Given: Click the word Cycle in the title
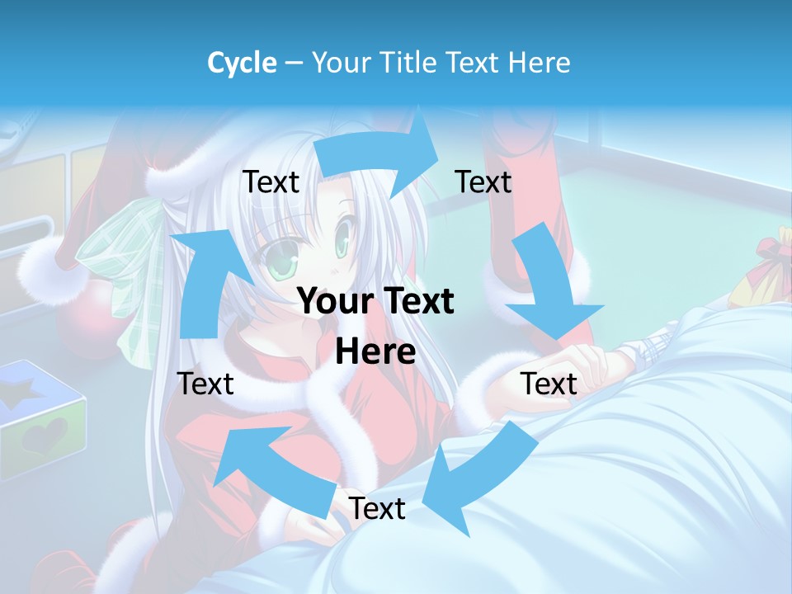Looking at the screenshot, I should tap(242, 63).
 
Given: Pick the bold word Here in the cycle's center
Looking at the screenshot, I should tap(375, 352).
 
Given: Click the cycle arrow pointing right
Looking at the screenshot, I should tap(379, 152).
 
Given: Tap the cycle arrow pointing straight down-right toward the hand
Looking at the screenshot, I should tap(549, 285).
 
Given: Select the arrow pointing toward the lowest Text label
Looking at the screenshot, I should tap(478, 474).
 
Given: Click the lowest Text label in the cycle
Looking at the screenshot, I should tap(377, 509).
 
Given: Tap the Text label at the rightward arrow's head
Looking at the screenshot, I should tap(483, 181).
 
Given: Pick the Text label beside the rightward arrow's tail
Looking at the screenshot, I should tap(271, 181).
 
